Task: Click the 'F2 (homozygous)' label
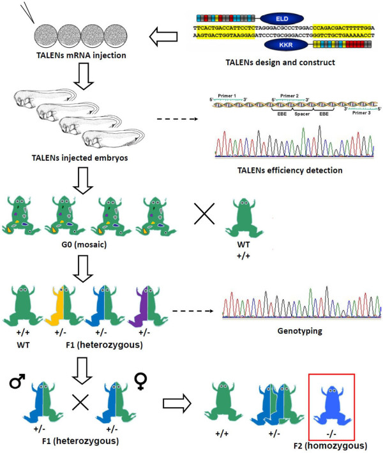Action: pyautogui.click(x=331, y=445)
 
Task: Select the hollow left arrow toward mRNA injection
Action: pyautogui.click(x=163, y=39)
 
